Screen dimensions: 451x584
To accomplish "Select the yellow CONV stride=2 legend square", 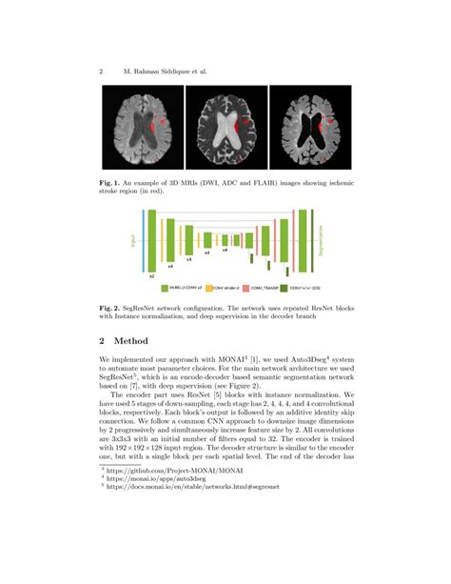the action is click(215, 287).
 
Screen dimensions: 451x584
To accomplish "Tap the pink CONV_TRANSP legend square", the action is click(249, 287).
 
